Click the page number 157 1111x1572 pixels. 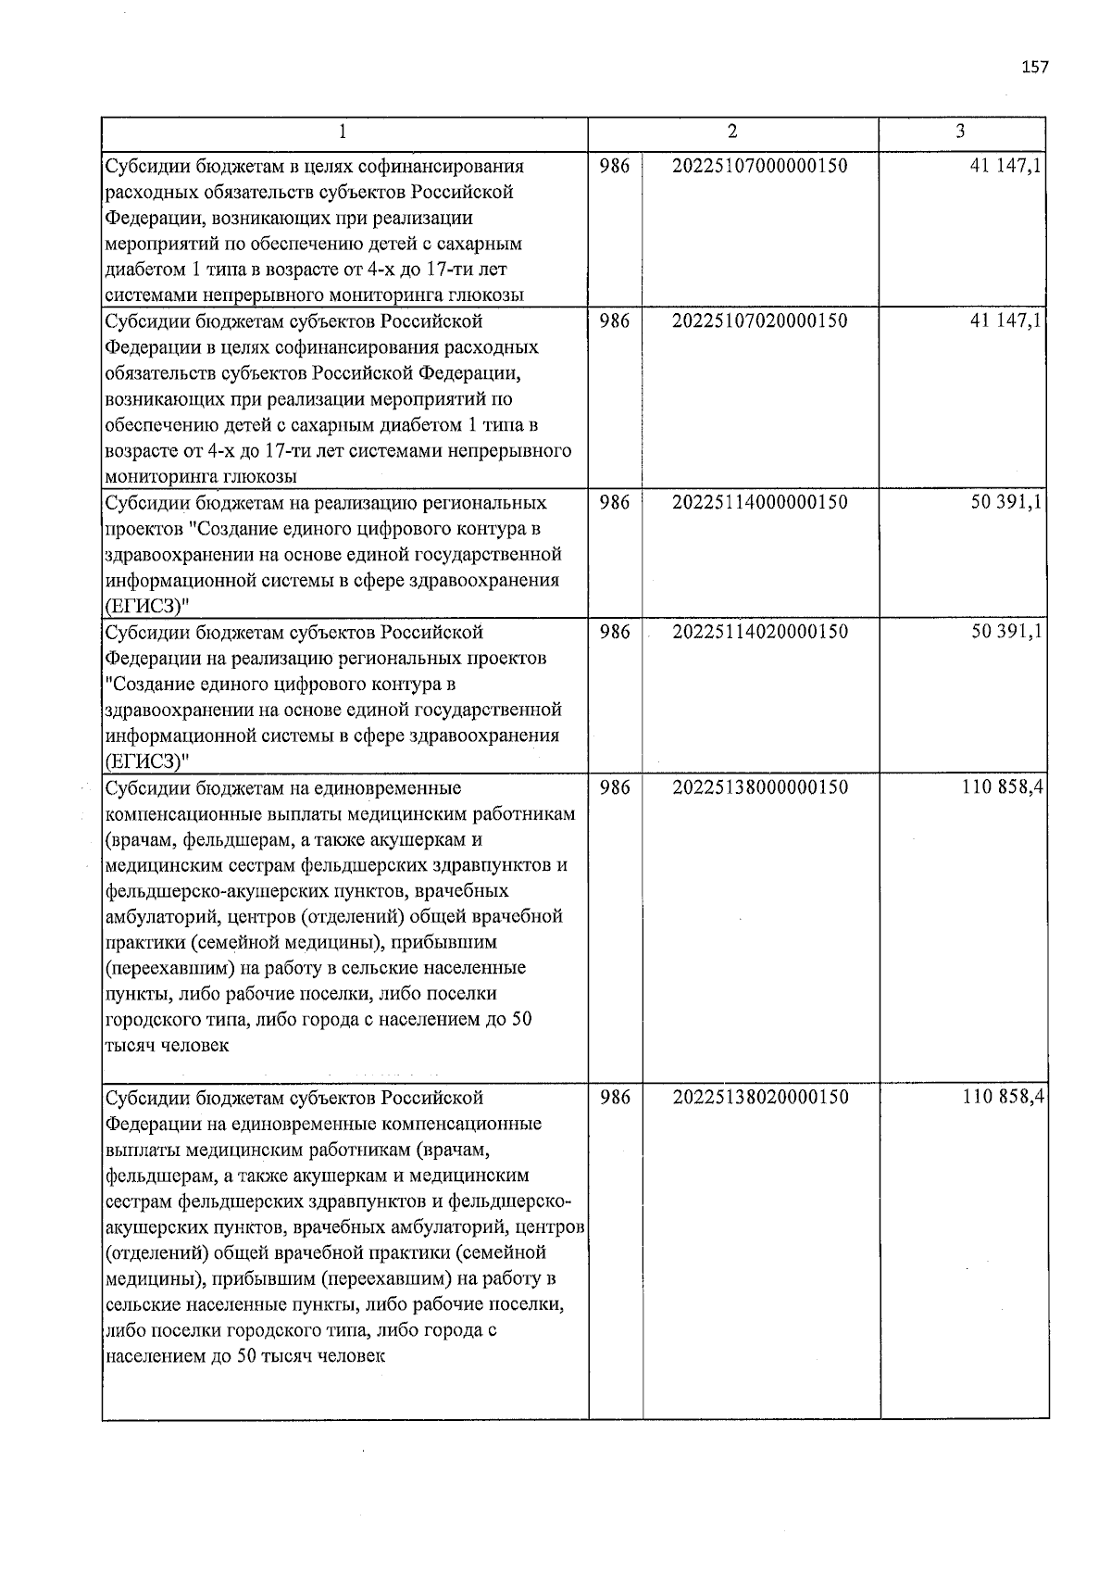pos(1034,67)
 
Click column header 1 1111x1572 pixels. pos(343,132)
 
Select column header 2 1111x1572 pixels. pos(732,132)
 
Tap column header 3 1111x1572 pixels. pos(960,132)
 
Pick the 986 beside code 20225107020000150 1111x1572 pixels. pos(615,321)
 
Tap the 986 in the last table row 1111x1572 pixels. pos(615,1098)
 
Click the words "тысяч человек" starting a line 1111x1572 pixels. pos(167,1046)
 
